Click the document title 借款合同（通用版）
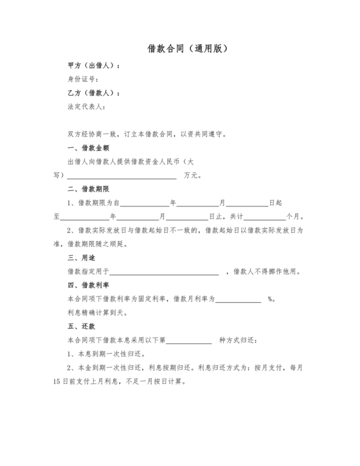point(179,48)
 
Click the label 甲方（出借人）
point(94,66)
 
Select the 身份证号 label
point(83,80)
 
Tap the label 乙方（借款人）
point(94,93)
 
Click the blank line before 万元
point(122,175)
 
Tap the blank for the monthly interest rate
point(239,299)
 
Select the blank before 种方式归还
point(189,340)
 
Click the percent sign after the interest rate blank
point(271,299)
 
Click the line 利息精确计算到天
point(98,312)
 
